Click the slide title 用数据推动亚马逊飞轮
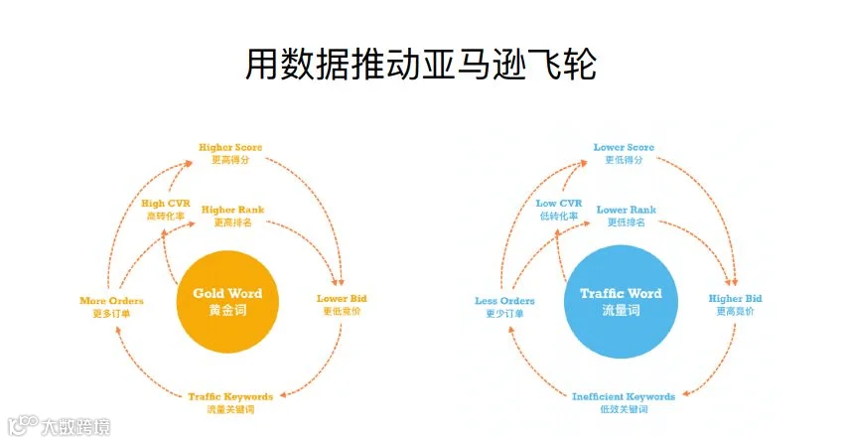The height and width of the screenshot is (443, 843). [x=420, y=65]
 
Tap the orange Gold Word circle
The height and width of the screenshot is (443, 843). [x=227, y=302]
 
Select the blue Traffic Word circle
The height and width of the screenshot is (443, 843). [x=621, y=302]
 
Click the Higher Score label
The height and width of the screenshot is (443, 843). [x=230, y=153]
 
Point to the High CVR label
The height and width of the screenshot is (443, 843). [x=166, y=210]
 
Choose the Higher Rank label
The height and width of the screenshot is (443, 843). [x=232, y=216]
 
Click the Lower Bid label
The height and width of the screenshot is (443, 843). [x=342, y=304]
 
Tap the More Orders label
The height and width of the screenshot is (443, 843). [x=111, y=307]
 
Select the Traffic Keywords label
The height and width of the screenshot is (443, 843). [x=230, y=402]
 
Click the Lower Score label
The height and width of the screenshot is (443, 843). [x=624, y=153]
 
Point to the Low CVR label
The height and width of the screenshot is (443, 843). [x=559, y=210]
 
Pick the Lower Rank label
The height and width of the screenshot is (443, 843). [x=627, y=216]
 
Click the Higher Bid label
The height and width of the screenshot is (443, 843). [x=735, y=304]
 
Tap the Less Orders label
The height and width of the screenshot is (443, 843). [x=504, y=307]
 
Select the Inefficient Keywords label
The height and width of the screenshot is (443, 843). [x=624, y=402]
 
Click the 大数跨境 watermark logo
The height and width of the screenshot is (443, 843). [x=60, y=426]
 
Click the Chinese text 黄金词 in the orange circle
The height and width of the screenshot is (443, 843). [x=227, y=310]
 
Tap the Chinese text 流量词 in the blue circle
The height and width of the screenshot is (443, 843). [x=621, y=310]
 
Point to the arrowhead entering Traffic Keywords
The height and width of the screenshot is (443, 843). [x=284, y=395]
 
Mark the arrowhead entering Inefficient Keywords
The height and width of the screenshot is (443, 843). [x=686, y=393]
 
